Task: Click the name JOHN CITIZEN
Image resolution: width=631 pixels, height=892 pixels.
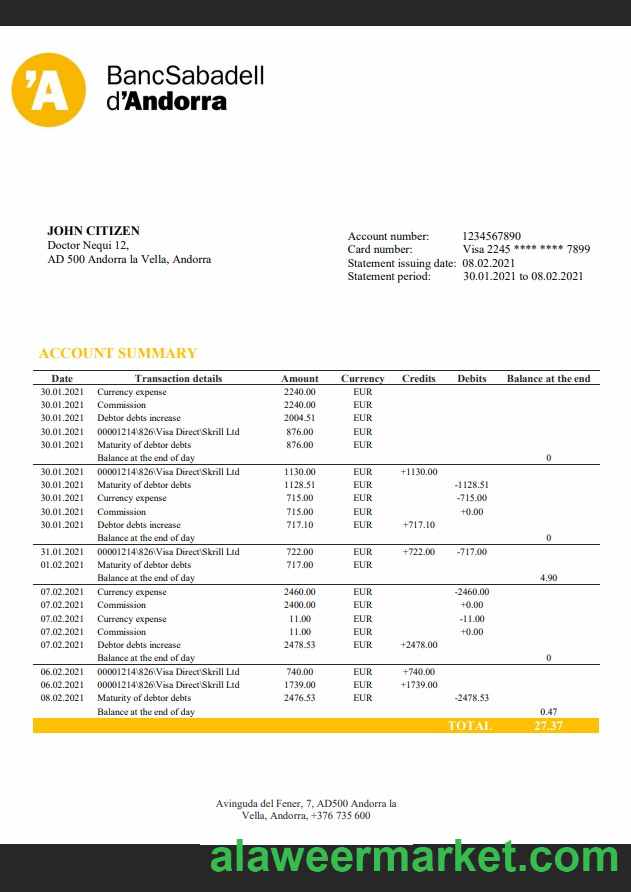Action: click(93, 231)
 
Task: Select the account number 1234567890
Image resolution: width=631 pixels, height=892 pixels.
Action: click(491, 236)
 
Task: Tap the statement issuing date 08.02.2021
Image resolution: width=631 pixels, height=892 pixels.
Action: click(488, 263)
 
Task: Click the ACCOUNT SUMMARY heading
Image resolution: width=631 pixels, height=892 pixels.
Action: click(117, 353)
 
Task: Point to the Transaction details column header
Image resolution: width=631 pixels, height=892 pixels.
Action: click(178, 378)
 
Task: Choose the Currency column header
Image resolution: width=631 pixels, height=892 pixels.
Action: click(362, 378)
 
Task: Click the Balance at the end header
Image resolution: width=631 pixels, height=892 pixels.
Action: click(548, 378)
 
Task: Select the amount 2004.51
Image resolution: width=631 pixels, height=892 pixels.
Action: click(299, 418)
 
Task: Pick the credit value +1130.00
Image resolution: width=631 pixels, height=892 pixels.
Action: click(418, 471)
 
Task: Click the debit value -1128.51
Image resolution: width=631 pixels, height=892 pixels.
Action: click(471, 484)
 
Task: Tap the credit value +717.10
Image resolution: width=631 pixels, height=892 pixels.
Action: click(418, 524)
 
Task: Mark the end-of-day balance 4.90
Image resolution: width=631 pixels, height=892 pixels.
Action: click(548, 578)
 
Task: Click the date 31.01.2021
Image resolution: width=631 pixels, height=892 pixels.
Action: click(62, 551)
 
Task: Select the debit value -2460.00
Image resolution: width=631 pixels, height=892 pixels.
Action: click(471, 591)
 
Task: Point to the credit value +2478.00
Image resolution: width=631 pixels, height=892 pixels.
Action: click(418, 645)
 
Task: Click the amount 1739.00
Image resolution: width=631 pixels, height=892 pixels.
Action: click(299, 685)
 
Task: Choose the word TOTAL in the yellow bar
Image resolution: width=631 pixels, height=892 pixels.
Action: click(469, 725)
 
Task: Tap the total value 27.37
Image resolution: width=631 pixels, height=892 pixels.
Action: click(548, 725)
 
